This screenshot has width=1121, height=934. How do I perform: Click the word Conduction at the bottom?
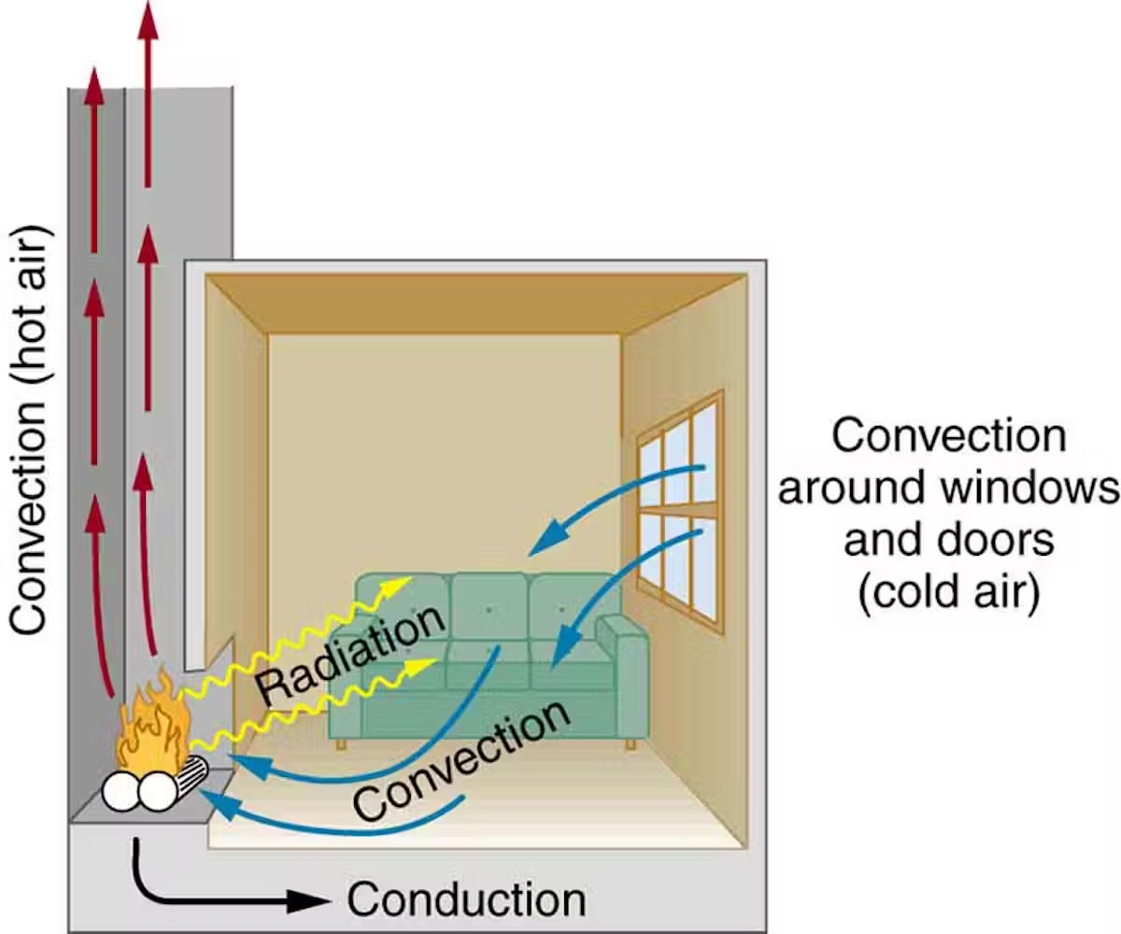click(x=466, y=899)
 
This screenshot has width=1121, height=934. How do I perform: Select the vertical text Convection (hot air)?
click(x=30, y=430)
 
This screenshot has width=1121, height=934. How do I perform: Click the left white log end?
click(x=120, y=792)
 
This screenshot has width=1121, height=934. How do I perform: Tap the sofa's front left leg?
click(x=342, y=743)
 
